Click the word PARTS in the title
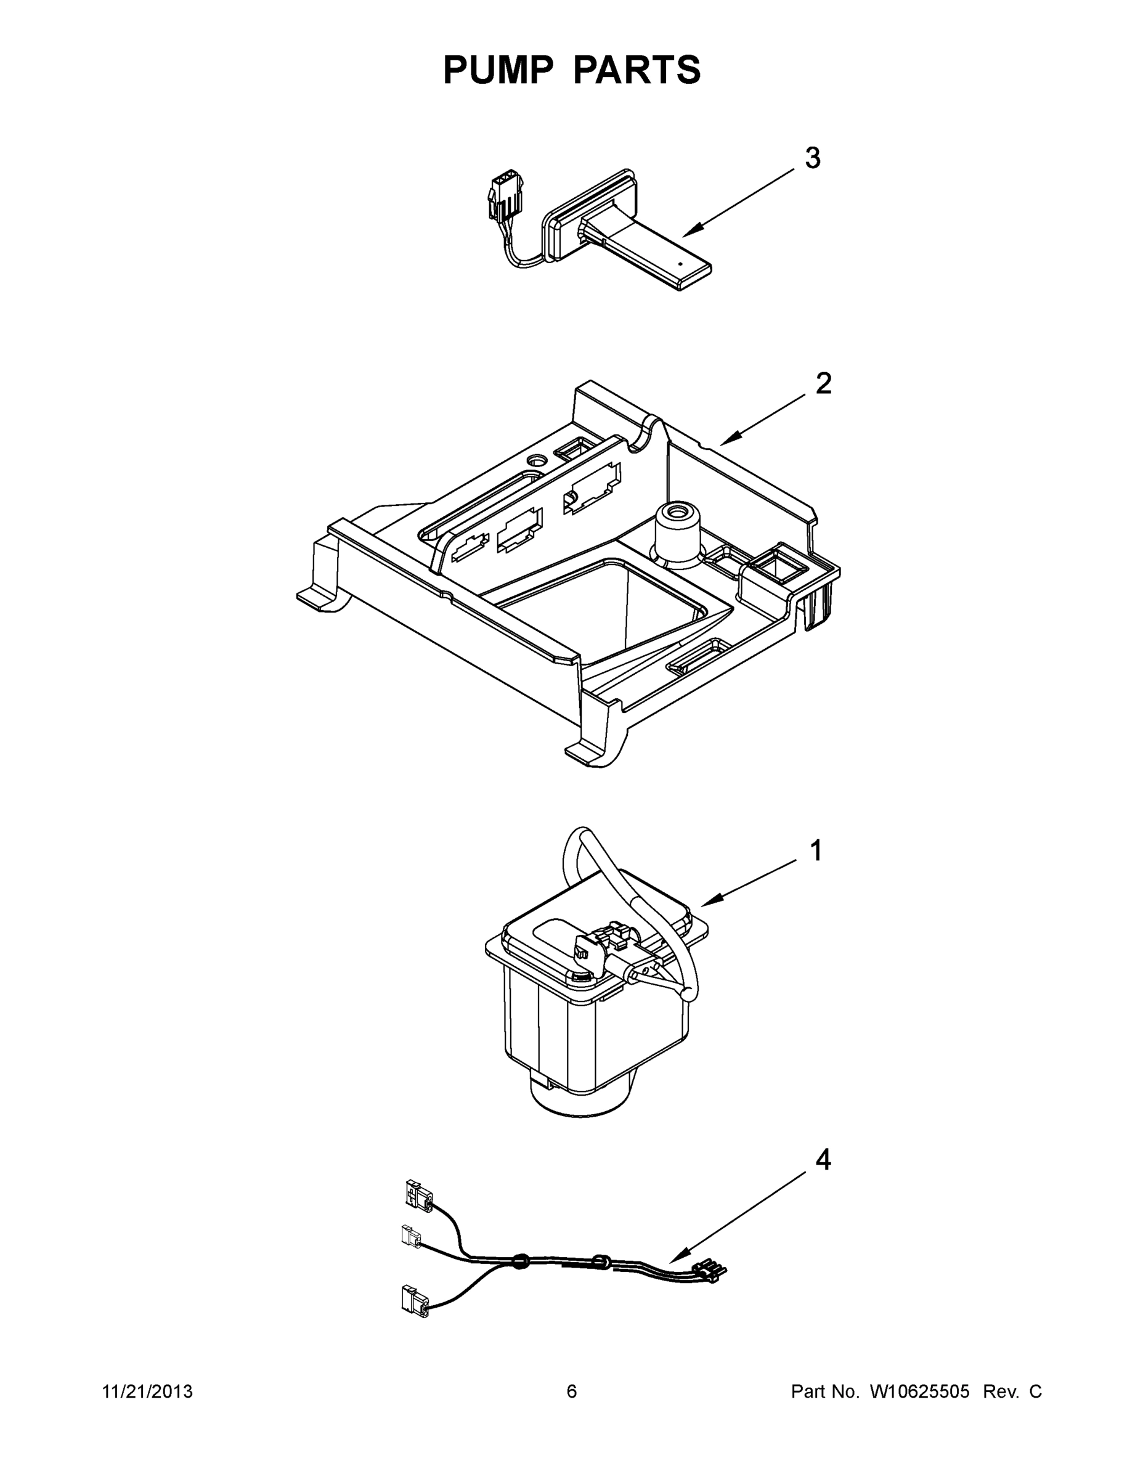pyautogui.click(x=637, y=70)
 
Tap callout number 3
pyautogui.click(x=813, y=158)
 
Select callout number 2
pyautogui.click(x=823, y=384)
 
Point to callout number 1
pyautogui.click(x=816, y=850)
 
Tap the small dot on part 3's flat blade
pyautogui.click(x=680, y=263)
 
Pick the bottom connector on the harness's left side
pyautogui.click(x=415, y=1300)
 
